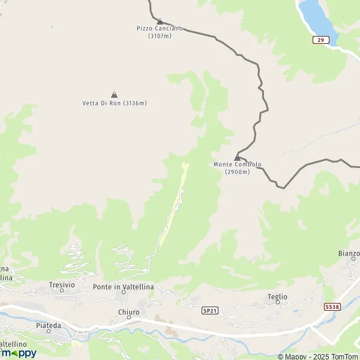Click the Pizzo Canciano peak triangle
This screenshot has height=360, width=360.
pyautogui.click(x=160, y=22)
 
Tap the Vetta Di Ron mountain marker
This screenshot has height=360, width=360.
pyautogui.click(x=114, y=95)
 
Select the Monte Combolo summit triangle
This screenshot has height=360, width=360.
pyautogui.click(x=237, y=158)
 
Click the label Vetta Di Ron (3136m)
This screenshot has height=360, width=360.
pyautogui.click(x=115, y=103)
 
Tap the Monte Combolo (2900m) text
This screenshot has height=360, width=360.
pyautogui.click(x=237, y=168)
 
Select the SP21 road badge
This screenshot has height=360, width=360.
pyautogui.click(x=209, y=310)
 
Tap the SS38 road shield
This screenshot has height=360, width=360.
pyautogui.click(x=332, y=307)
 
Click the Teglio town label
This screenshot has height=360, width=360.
pyautogui.click(x=277, y=296)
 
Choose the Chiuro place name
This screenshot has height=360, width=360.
pyautogui.click(x=129, y=313)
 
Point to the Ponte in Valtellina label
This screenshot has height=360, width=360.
pyautogui.click(x=123, y=287)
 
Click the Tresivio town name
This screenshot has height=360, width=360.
pyautogui.click(x=62, y=284)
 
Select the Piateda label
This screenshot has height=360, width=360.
pyautogui.click(x=49, y=325)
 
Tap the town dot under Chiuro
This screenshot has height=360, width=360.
pyautogui.click(x=129, y=319)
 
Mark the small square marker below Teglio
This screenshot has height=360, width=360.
pyautogui.click(x=277, y=303)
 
